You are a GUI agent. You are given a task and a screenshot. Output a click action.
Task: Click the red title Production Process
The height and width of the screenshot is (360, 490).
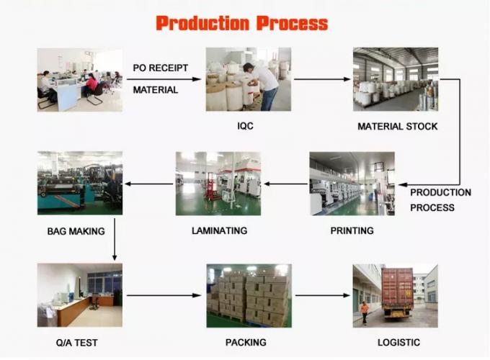tap(242, 23)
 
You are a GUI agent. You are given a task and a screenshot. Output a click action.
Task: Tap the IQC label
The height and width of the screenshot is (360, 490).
tap(245, 126)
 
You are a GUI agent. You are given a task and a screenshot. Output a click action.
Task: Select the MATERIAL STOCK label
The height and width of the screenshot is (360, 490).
tap(398, 127)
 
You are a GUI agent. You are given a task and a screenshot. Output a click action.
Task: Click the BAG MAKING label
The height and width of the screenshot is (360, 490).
tap(76, 231)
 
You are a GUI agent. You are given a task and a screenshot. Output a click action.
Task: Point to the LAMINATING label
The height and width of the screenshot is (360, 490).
tap(219, 230)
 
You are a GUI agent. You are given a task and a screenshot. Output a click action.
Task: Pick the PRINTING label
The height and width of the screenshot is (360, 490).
tap(352, 230)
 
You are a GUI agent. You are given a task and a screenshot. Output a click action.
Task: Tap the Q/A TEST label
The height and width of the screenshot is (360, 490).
tap(77, 343)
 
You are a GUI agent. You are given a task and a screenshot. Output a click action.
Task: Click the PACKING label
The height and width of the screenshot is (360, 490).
tap(246, 343)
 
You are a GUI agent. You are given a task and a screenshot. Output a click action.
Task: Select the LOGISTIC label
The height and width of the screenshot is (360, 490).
tap(398, 343)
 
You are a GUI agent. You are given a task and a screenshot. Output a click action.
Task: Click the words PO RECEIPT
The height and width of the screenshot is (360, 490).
tap(161, 68)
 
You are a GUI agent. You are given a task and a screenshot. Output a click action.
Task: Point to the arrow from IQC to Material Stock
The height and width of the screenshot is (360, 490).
tap(322, 79)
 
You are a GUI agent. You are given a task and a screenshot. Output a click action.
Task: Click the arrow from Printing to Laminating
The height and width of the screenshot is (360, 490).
tap(285, 184)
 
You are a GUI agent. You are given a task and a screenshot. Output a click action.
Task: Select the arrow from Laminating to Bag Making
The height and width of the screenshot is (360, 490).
tap(148, 184)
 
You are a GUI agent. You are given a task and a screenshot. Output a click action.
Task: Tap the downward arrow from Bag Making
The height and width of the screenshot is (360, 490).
tap(115, 240)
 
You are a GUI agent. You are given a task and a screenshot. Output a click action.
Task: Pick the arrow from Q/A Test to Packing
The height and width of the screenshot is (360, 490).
tap(164, 295)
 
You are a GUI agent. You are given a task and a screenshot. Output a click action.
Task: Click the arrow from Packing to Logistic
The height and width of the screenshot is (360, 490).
tap(323, 295)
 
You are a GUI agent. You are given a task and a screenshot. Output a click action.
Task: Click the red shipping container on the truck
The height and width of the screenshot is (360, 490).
tap(398, 287)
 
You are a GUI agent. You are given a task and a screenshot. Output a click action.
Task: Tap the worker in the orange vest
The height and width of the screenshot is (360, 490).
tap(365, 312)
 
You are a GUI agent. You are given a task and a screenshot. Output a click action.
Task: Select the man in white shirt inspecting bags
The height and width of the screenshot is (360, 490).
tap(262, 86)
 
